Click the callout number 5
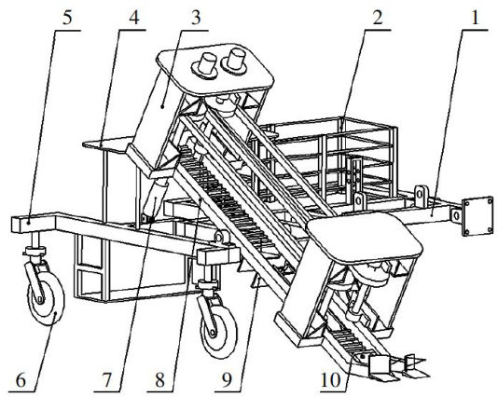pos(67,18)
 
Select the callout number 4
pos(133,18)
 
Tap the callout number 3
pos(196,18)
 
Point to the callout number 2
pos(378,18)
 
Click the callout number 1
pos(475,18)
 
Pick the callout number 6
pos(21,380)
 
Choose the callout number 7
pos(106,380)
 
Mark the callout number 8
pos(159,380)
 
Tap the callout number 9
pos(227,380)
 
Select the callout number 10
pos(330,380)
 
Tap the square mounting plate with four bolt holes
pos(477,217)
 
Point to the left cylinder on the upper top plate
pos(204,65)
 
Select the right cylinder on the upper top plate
pos(234,62)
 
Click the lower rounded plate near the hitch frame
pos(365,237)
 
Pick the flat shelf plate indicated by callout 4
pos(108,144)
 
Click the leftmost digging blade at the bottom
pos(381,368)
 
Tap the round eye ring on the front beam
pos(220,237)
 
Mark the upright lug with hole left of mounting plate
pos(422,194)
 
